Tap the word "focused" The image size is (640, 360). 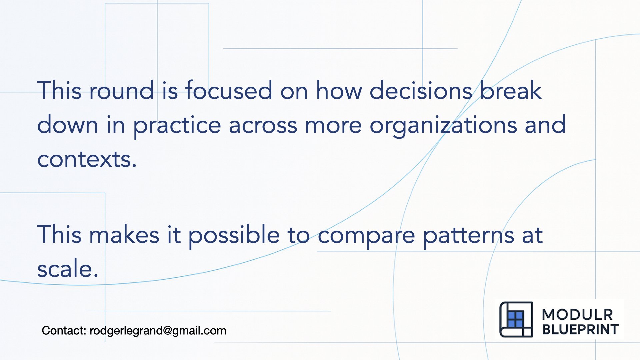(x=229, y=91)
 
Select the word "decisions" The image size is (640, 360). (x=421, y=91)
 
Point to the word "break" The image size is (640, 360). (x=511, y=91)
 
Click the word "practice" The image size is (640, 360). (x=177, y=126)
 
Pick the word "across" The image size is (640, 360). (x=263, y=126)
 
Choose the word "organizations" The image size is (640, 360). (x=443, y=126)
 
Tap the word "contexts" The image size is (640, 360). (x=87, y=159)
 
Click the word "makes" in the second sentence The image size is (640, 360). (x=124, y=235)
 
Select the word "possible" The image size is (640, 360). (x=234, y=235)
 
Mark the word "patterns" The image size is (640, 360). (x=469, y=235)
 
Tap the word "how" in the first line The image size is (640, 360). (x=339, y=91)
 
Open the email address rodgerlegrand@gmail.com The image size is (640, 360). (x=158, y=331)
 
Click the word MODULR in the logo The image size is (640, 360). (x=577, y=315)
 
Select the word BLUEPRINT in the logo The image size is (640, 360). (x=580, y=329)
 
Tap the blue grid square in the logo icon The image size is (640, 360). (x=515, y=319)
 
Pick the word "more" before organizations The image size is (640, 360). (x=333, y=126)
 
